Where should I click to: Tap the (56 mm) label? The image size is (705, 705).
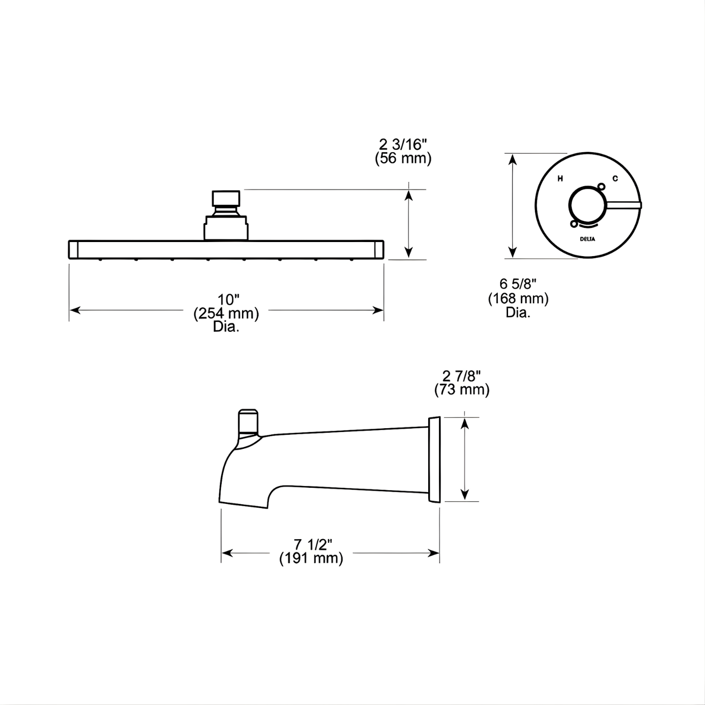click(403, 158)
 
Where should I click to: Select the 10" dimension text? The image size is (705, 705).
click(229, 299)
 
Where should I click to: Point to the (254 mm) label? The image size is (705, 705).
click(226, 313)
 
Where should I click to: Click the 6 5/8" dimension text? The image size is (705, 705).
click(518, 284)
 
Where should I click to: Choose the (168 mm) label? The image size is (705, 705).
click(518, 298)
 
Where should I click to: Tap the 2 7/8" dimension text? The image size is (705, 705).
click(462, 376)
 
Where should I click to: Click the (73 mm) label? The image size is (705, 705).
click(462, 390)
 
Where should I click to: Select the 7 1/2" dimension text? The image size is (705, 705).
click(313, 544)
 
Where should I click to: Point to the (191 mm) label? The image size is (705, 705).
click(311, 558)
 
